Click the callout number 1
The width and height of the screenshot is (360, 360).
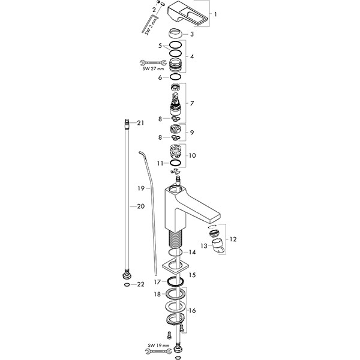(x=217, y=14)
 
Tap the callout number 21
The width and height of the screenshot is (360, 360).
(x=142, y=123)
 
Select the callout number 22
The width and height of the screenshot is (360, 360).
(x=142, y=284)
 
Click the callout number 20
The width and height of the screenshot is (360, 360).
(x=142, y=206)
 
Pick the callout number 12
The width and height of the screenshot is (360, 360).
(x=233, y=239)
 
